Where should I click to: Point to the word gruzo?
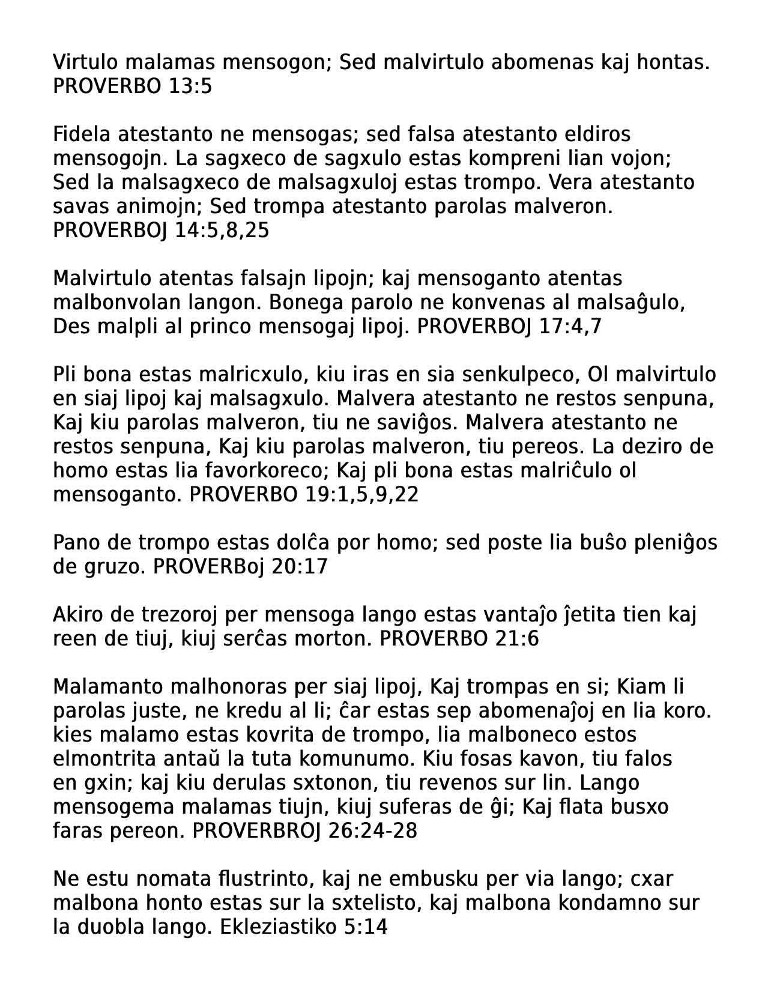tap(112, 567)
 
